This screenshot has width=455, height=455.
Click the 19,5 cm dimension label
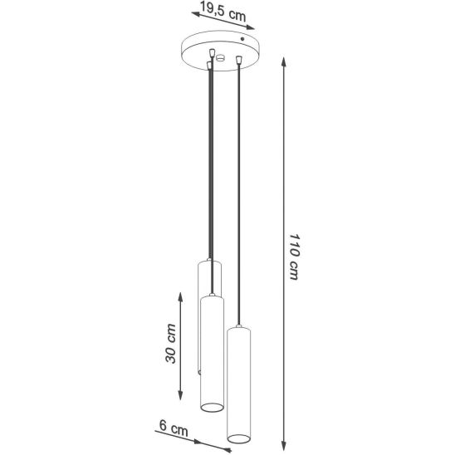223,12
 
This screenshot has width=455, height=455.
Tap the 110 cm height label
294,257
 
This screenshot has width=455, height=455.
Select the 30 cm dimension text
171,343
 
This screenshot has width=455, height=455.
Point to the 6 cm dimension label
174,428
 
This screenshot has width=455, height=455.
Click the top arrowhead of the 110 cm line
284,62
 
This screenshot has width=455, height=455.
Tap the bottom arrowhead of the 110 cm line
284,445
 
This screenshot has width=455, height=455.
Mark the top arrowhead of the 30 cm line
180,297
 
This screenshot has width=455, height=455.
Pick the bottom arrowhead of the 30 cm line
180,394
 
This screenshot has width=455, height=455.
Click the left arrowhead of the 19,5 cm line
197,14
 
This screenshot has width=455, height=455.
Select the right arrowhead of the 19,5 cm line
250,27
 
